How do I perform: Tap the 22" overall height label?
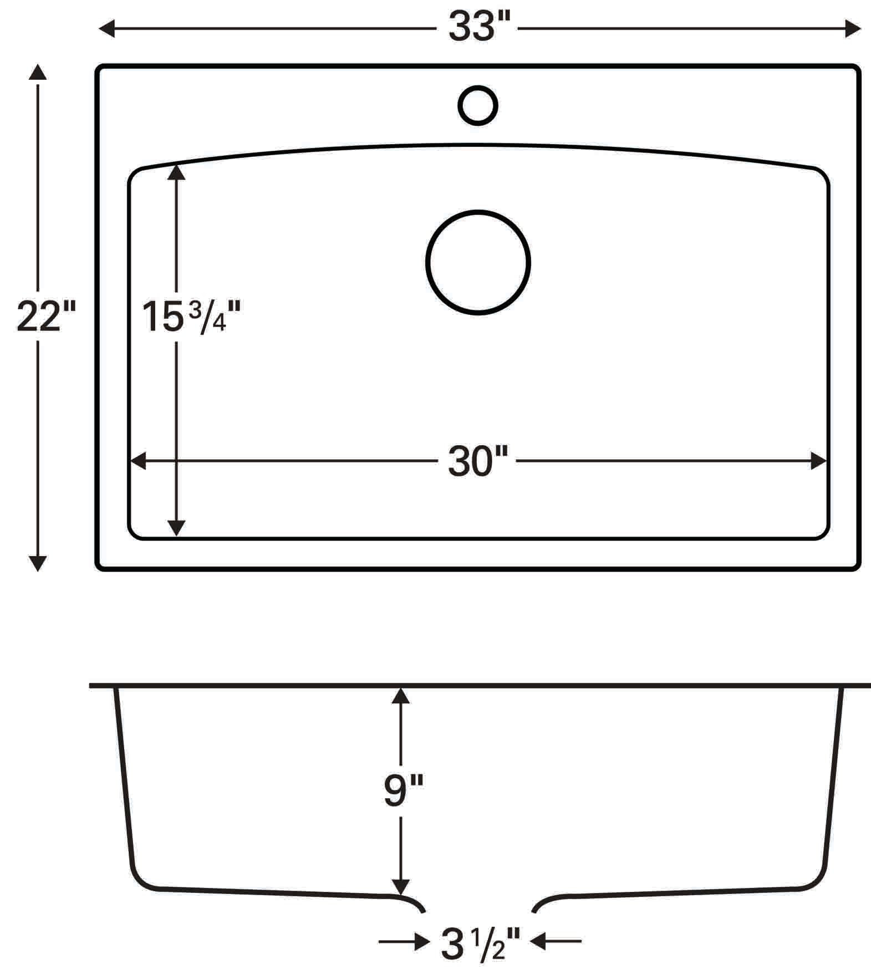coord(45,316)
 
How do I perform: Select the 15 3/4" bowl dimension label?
coord(191,317)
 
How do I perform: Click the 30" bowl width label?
coord(477,461)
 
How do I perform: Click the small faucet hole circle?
coord(478,105)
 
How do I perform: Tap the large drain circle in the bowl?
coord(478,262)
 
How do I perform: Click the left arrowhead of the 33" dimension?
coord(106,28)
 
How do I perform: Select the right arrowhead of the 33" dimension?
coord(853,28)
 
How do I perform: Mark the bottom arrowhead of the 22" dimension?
coord(38,563)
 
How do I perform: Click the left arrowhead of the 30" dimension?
coord(137,461)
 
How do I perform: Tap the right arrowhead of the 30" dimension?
coord(819,461)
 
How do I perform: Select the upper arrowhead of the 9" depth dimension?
coord(400,695)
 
